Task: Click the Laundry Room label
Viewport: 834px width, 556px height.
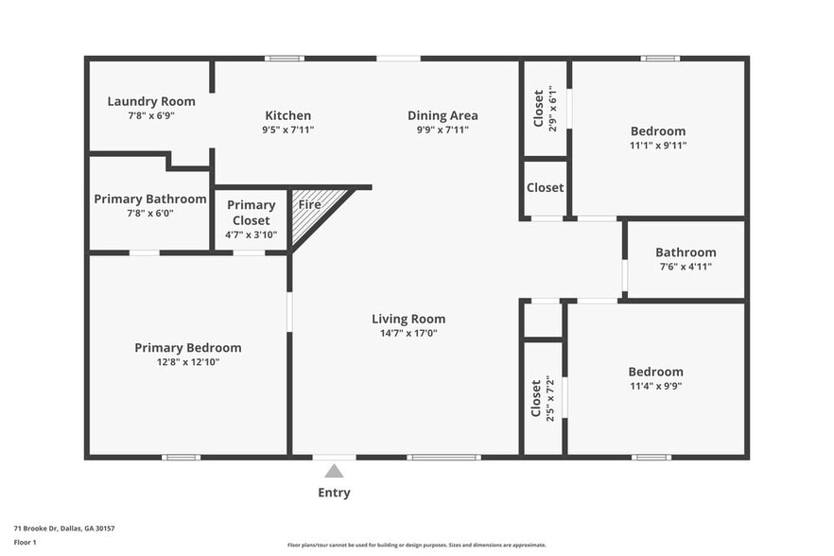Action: [x=151, y=101]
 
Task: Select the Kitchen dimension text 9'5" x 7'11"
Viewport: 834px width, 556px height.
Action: [x=287, y=130]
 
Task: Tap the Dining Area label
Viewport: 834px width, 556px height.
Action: [x=443, y=115]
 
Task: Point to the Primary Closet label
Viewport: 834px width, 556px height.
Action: [x=251, y=213]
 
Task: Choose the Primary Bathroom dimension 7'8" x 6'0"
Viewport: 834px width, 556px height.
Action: [x=150, y=214]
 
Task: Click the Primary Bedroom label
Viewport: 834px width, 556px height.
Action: [x=187, y=348]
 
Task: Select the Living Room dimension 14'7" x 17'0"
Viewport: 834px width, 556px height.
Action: [x=408, y=333]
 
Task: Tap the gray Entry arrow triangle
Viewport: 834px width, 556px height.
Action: [x=334, y=470]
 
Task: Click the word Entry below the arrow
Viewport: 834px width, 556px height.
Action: [x=334, y=493]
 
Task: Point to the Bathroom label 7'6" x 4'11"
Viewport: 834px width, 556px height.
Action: [x=686, y=252]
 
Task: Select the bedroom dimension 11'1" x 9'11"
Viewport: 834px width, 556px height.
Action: [x=658, y=146]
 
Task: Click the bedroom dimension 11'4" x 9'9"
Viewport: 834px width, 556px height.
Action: [x=656, y=386]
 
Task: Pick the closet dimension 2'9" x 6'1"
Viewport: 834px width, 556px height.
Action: [x=552, y=108]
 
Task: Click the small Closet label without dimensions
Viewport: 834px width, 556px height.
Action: [x=545, y=188]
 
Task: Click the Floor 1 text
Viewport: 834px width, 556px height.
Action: [x=25, y=542]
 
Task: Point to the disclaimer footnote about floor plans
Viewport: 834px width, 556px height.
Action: [x=416, y=545]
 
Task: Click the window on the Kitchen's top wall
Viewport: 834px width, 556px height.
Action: [x=284, y=59]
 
